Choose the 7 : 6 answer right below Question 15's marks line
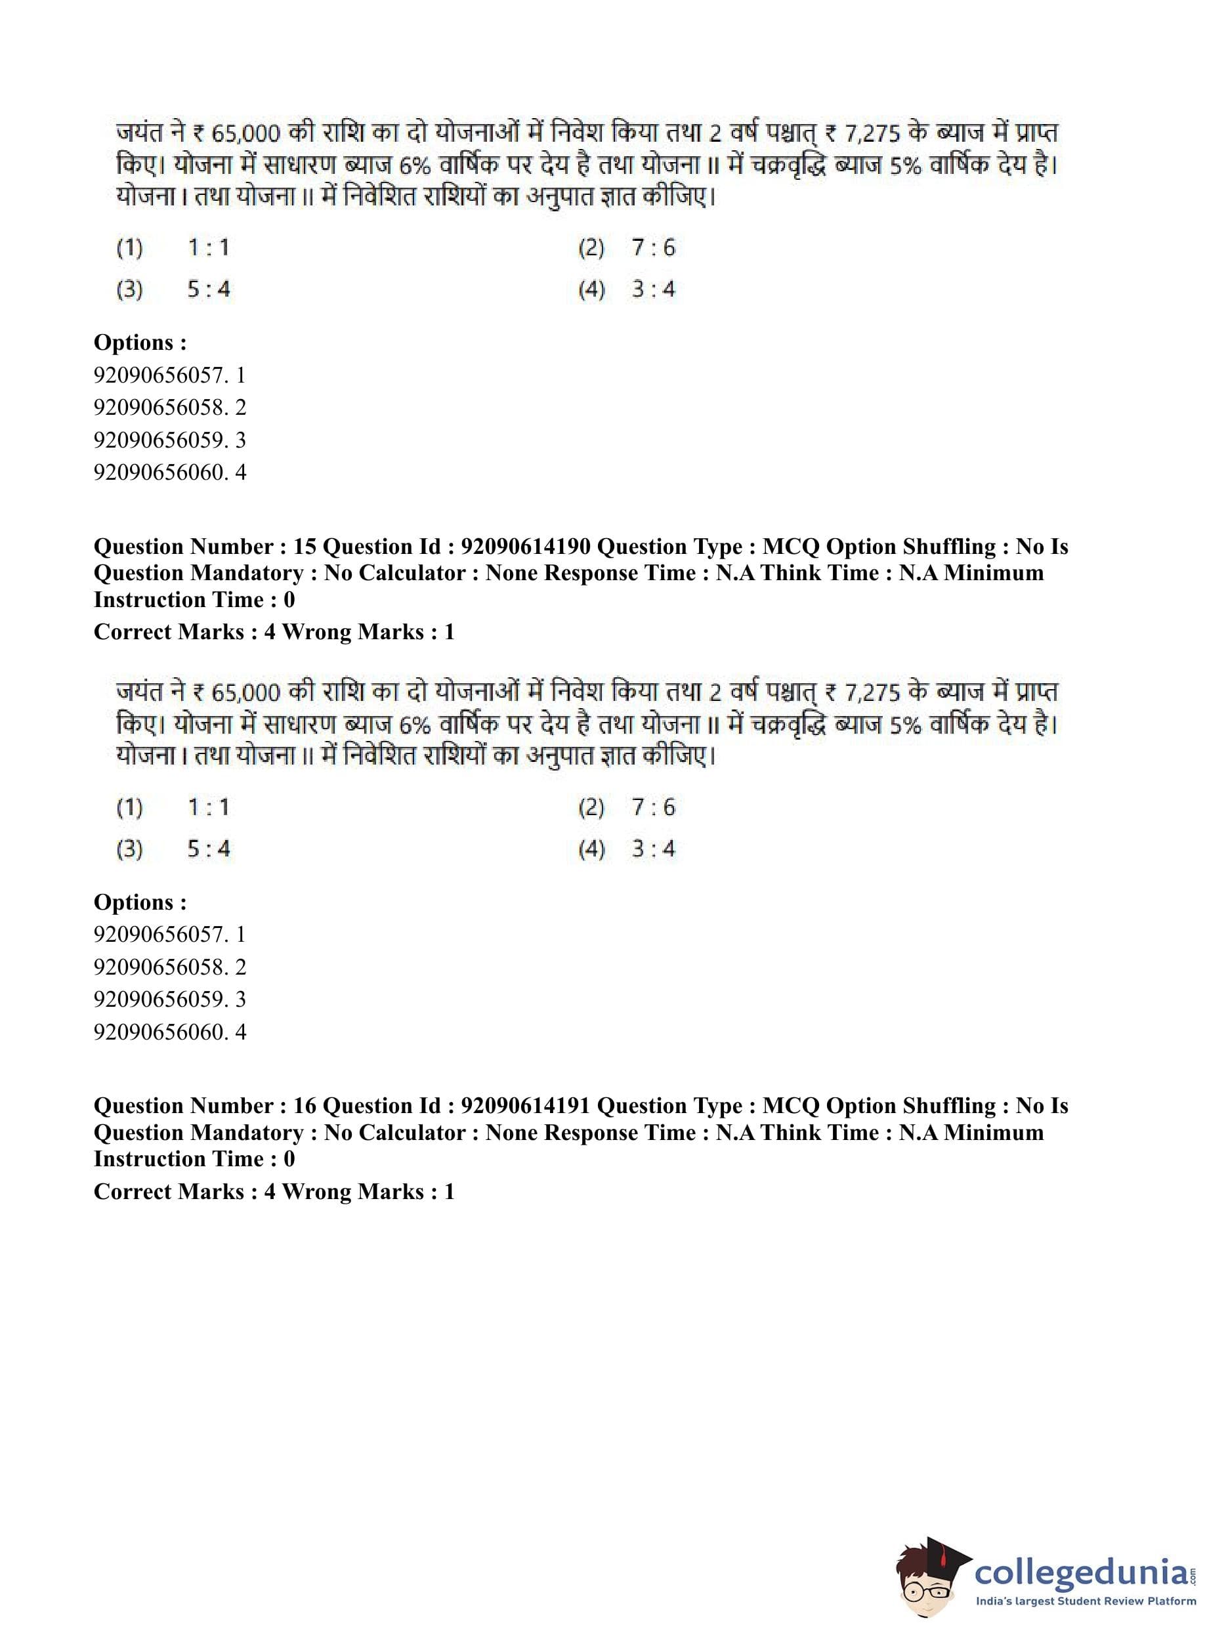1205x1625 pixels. click(654, 807)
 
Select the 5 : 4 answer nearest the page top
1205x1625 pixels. click(209, 289)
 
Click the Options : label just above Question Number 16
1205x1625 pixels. click(140, 902)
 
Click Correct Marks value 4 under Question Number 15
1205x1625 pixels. click(269, 631)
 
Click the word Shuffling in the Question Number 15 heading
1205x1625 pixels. click(949, 546)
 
